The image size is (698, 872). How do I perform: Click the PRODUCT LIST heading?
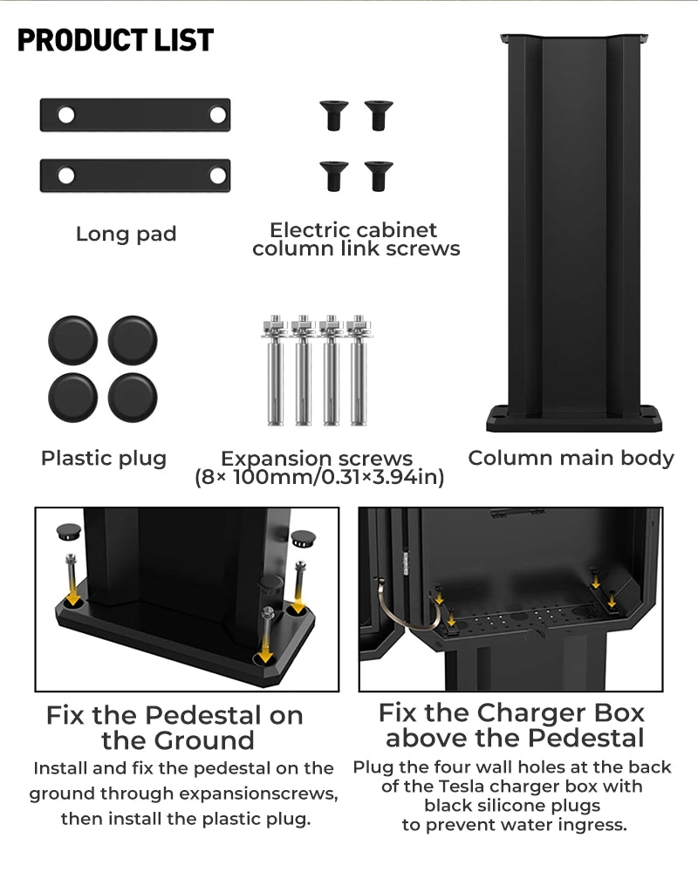point(115,40)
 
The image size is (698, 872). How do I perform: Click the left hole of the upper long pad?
point(66,115)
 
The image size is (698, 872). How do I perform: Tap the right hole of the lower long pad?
point(217,176)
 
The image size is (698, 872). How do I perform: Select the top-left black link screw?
point(334,115)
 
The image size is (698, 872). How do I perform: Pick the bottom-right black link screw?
point(379,176)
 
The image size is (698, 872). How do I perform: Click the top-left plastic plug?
point(73,340)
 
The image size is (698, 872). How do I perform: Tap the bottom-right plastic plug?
point(133,398)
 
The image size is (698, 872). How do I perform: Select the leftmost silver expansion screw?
point(275,371)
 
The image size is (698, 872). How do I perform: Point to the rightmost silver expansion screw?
point(358,371)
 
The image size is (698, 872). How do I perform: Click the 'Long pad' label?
point(126,234)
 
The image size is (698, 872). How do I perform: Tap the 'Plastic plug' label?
point(104,459)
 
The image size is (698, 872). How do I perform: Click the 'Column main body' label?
point(571,459)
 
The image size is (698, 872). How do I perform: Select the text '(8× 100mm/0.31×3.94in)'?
point(319,477)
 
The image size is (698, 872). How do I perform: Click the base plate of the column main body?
point(574,419)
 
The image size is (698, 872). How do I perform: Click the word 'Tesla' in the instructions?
point(462,787)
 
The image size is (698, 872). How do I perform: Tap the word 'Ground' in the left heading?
point(204,740)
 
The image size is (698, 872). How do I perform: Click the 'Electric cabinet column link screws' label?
point(356,239)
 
